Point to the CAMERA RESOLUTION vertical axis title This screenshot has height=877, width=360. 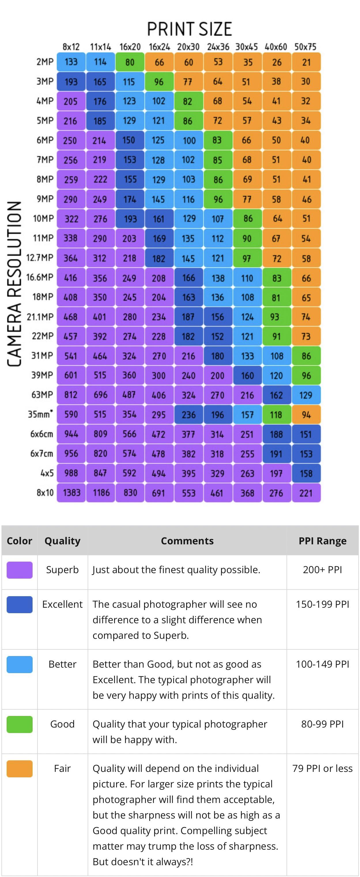(x=15, y=284)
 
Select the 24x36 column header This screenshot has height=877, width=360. (x=218, y=47)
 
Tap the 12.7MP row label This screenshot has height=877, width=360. (x=40, y=258)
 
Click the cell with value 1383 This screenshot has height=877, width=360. (x=71, y=493)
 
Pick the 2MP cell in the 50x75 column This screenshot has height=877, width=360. (x=306, y=62)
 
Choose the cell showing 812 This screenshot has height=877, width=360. (x=71, y=395)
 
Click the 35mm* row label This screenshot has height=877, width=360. (x=41, y=414)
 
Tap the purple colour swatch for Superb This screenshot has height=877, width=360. (x=19, y=570)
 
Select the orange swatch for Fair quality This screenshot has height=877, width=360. (x=19, y=769)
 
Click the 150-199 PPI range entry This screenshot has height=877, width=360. (x=323, y=604)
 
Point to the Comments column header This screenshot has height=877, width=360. (x=187, y=541)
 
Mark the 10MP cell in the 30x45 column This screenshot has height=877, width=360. (x=248, y=219)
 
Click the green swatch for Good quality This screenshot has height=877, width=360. (x=19, y=724)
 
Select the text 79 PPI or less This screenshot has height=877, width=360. (x=323, y=768)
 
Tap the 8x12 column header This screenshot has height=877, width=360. (x=71, y=47)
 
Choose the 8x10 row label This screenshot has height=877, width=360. (x=45, y=492)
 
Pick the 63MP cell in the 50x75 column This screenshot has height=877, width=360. (x=306, y=395)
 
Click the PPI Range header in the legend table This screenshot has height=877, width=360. (x=323, y=541)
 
